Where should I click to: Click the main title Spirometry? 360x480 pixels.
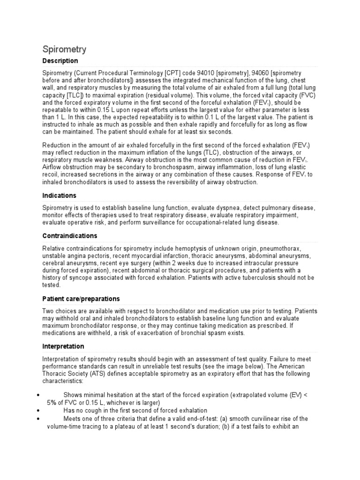pos(64,49)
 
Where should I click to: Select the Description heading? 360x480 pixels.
pos(60,61)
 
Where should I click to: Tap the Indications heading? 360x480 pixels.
pos(59,195)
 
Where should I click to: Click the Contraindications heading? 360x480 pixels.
pos(70,236)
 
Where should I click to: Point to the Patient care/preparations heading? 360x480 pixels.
pos(81,299)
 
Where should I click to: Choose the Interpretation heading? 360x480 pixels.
pos(63,346)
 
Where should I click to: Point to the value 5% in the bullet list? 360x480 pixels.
pos(52,403)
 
